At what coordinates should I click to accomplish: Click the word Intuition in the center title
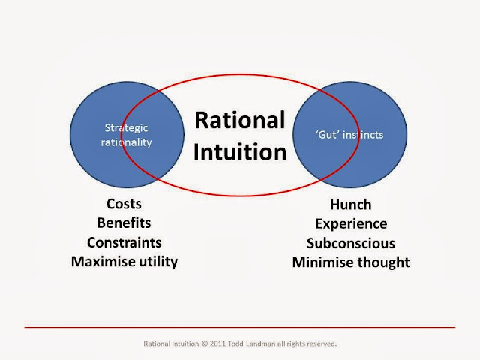pyautogui.click(x=240, y=152)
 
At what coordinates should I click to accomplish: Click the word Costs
pyautogui.click(x=124, y=204)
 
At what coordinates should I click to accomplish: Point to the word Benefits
pyautogui.click(x=124, y=223)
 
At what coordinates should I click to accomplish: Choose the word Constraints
pyautogui.click(x=124, y=242)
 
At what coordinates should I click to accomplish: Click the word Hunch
pyautogui.click(x=350, y=205)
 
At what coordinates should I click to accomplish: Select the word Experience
pyautogui.click(x=350, y=223)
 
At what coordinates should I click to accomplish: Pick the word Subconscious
pyautogui.click(x=350, y=243)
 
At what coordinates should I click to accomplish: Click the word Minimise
pyautogui.click(x=328, y=262)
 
